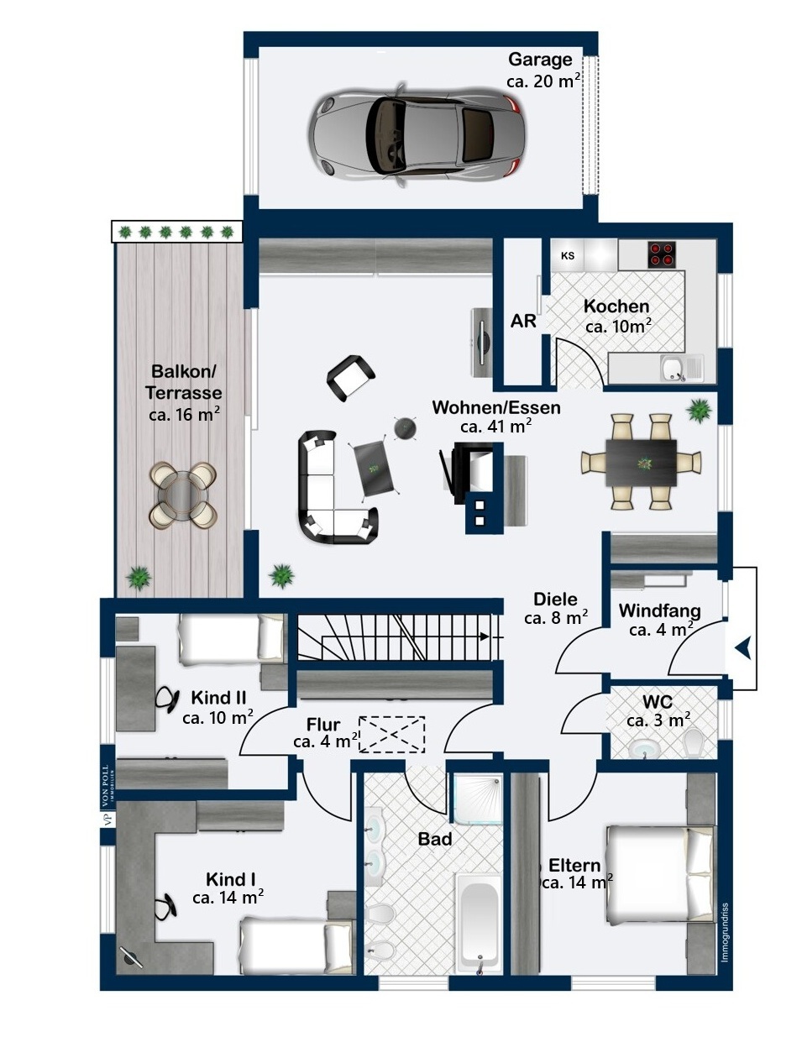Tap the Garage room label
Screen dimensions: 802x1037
pos(540,59)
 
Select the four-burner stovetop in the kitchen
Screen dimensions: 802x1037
pos(662,254)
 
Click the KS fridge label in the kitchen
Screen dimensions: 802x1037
pos(567,256)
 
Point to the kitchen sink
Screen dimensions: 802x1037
pos(680,369)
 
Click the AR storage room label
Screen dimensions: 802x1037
pos(523,321)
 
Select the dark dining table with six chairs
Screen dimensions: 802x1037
pos(641,463)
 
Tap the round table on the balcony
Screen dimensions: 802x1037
pos(183,495)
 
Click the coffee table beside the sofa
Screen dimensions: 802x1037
pos(375,468)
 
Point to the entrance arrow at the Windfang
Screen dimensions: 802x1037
pos(743,648)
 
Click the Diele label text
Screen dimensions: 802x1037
pos(555,599)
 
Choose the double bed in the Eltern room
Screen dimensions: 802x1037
pos(660,875)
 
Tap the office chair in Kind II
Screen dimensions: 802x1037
pos(166,699)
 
